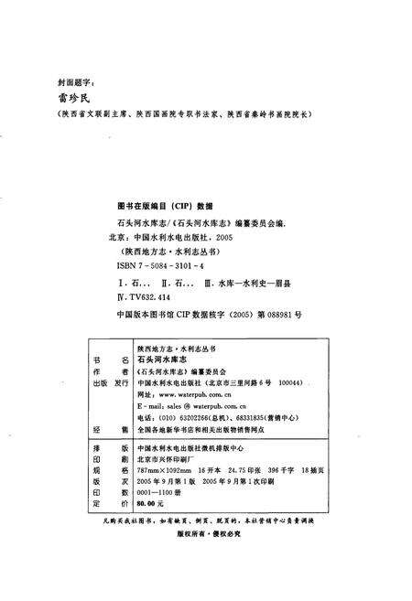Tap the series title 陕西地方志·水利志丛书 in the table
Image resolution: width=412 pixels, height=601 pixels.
pos(176,348)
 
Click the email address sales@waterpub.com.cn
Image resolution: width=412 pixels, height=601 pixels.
pos(197,413)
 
